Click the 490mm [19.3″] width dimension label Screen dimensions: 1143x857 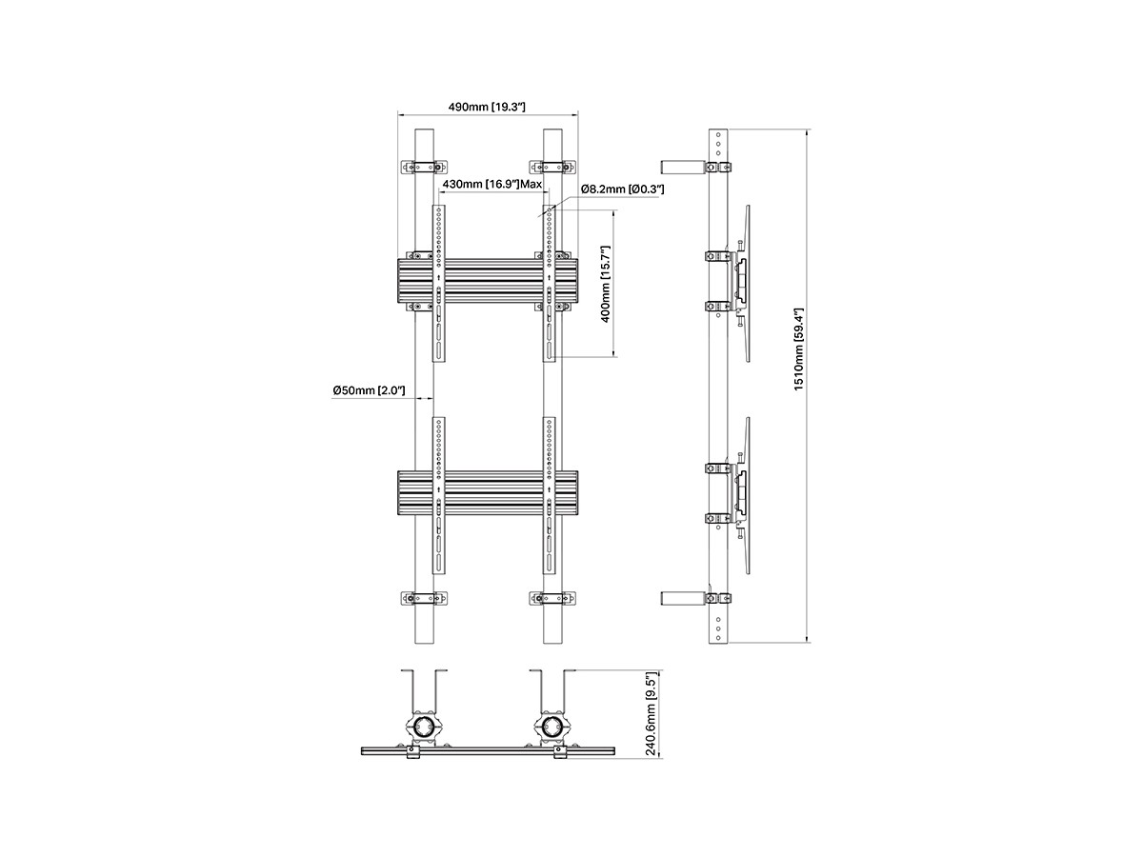tap(487, 108)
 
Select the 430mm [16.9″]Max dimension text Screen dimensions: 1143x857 tap(492, 184)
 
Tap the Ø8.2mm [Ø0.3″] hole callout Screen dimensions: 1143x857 tap(622, 189)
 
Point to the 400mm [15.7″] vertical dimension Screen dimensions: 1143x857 tap(606, 284)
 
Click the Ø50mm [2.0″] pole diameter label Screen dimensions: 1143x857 tap(369, 390)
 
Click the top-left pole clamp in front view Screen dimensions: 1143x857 tap(424, 167)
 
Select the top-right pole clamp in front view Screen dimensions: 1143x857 tap(553, 167)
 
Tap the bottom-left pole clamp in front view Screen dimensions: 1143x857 tap(424, 598)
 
